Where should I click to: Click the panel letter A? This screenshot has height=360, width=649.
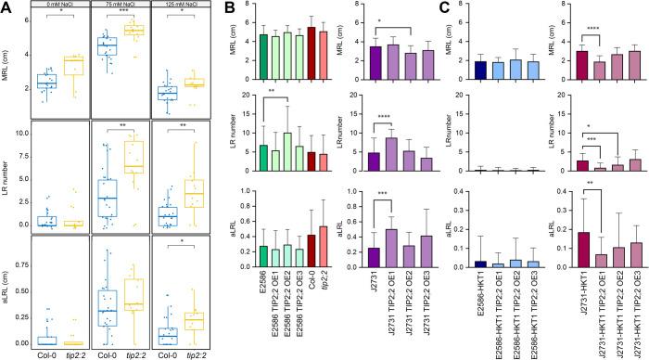pos(6,6)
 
